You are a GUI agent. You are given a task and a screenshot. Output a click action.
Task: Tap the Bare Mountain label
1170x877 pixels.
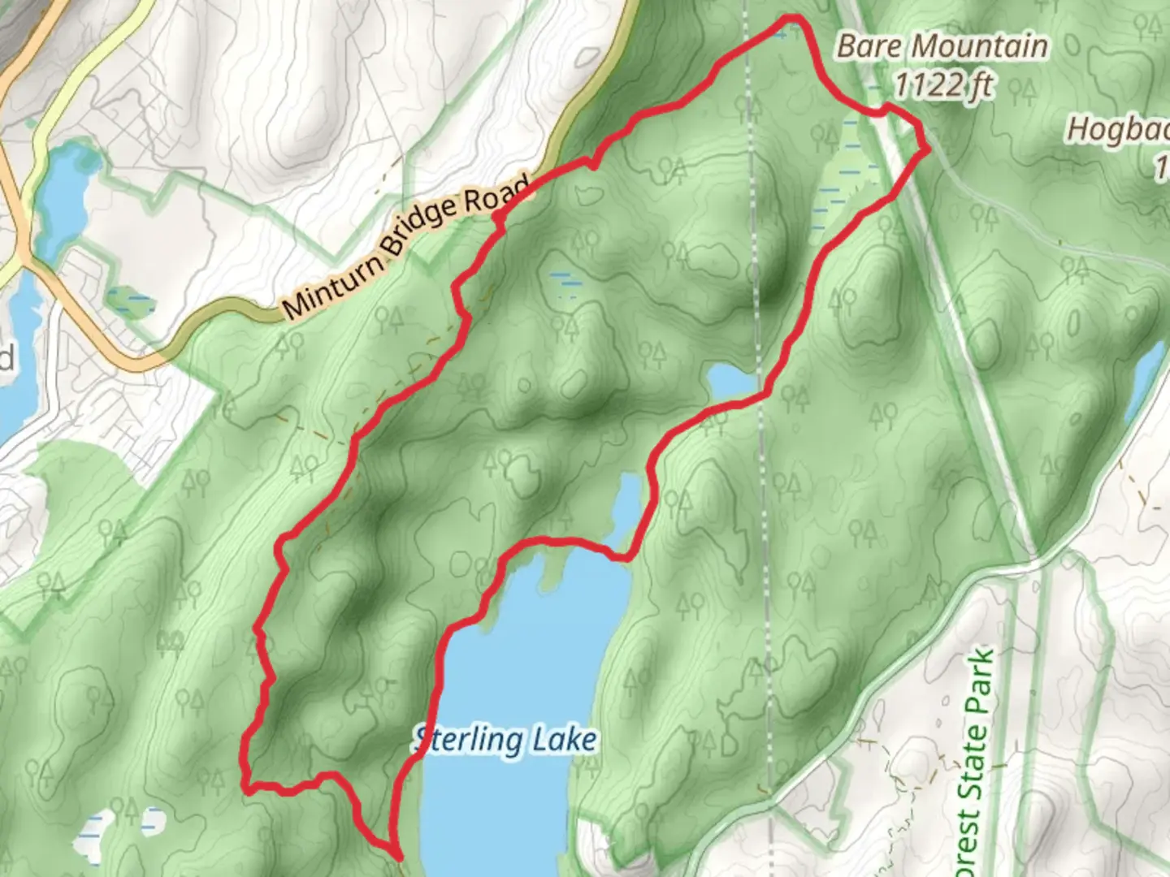[x=942, y=47]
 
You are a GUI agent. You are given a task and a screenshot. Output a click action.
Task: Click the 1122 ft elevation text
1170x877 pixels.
[x=942, y=83]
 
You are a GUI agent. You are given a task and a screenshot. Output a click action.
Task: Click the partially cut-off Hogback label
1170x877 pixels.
[x=1118, y=130]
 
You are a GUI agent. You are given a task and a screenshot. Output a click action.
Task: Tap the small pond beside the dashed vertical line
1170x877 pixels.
[x=731, y=381]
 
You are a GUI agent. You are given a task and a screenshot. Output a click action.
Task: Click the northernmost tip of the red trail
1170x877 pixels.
[x=793, y=18]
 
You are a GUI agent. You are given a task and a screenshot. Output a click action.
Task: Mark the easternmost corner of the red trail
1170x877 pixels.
[x=927, y=149]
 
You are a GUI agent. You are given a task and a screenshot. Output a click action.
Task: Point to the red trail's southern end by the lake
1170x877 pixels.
[x=397, y=855]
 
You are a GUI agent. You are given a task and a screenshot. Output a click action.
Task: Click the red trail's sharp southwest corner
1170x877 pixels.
[x=245, y=786]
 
